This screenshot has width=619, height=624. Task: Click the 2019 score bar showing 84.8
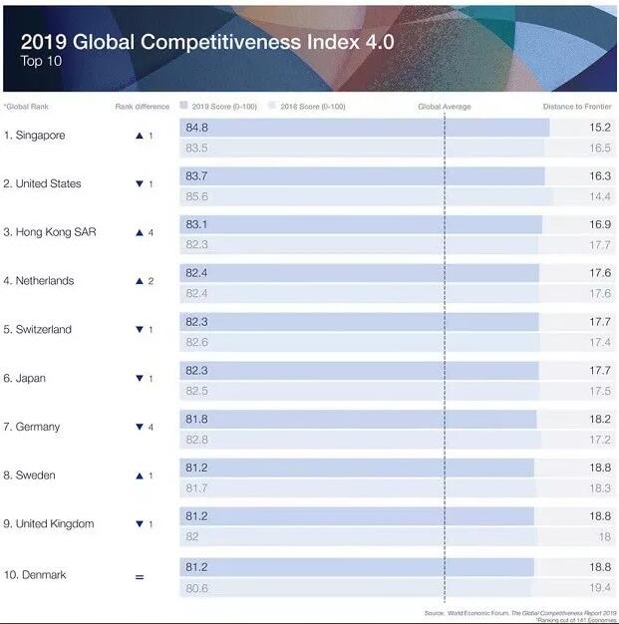[365, 128]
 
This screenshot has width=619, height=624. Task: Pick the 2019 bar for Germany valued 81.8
[359, 420]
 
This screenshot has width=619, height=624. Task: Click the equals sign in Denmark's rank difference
[139, 576]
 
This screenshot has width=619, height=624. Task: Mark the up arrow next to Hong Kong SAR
[140, 232]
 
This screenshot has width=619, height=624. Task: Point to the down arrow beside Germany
[140, 427]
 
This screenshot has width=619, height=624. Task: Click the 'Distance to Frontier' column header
[578, 107]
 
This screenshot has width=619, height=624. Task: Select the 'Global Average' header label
[445, 107]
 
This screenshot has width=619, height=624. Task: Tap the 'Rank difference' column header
[143, 107]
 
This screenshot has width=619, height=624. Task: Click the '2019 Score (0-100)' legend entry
[217, 107]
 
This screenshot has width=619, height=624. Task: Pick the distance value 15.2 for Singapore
[600, 128]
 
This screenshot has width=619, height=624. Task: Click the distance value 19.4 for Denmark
[600, 588]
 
